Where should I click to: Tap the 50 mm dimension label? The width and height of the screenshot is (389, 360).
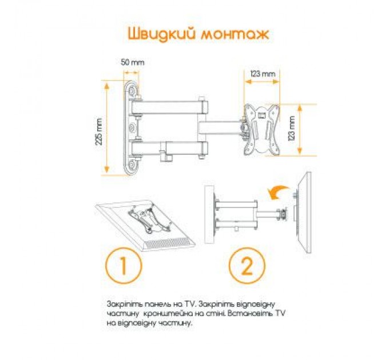tap(132, 62)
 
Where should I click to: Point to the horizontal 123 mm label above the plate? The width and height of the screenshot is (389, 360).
tap(263, 73)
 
